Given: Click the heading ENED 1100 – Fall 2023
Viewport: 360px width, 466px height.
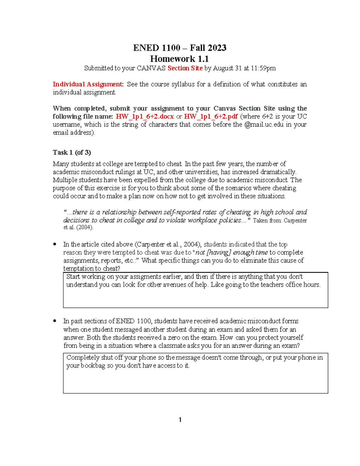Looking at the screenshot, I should click(180, 48).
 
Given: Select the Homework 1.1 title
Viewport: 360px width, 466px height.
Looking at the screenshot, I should click(179, 59).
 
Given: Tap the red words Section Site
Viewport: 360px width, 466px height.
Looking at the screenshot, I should click(185, 68).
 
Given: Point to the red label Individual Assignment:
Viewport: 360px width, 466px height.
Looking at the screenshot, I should click(88, 84).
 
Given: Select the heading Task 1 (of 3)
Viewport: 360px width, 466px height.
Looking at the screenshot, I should click(72, 152).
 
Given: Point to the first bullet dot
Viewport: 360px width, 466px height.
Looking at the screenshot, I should click(55, 244).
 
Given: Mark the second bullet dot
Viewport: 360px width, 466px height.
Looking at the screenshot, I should click(55, 321).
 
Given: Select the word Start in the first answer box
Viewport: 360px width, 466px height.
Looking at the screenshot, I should click(73, 277).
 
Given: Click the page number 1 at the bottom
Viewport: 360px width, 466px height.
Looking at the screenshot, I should click(180, 420).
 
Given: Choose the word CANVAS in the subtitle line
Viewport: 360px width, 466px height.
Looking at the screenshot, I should click(151, 68).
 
